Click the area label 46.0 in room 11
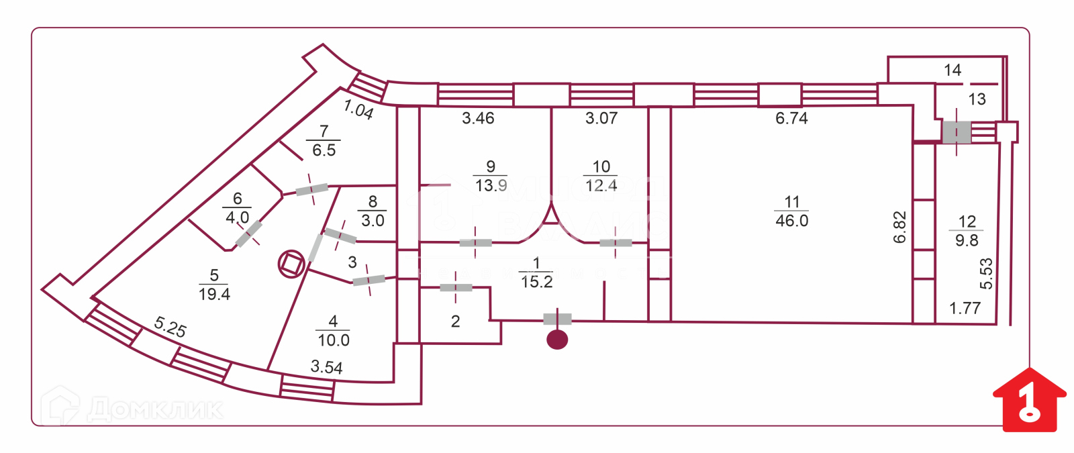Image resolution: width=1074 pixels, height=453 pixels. (791, 221)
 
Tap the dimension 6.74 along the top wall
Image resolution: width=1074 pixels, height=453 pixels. (791, 119)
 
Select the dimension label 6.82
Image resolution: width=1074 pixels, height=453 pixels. (900, 227)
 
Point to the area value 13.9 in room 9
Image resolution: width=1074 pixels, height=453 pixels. (491, 185)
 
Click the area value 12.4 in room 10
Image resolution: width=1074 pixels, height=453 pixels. (601, 185)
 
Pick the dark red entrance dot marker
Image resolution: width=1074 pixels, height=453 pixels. (557, 340)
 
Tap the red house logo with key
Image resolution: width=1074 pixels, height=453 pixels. (1028, 401)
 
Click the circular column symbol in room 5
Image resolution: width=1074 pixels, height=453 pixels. (291, 264)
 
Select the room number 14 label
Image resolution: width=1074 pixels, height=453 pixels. (952, 70)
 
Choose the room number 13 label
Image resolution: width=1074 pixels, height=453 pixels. (977, 99)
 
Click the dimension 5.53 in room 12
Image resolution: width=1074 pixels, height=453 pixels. (985, 274)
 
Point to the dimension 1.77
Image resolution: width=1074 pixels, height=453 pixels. (965, 308)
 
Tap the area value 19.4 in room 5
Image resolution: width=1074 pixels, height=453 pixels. (214, 294)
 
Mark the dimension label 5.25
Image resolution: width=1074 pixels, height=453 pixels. (170, 328)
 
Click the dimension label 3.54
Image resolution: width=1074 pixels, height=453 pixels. (326, 367)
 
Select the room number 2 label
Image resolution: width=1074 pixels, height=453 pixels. (455, 321)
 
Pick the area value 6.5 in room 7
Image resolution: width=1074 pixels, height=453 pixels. (324, 150)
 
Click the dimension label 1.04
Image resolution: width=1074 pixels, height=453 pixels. (358, 109)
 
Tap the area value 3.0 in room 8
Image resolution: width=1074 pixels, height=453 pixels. (373, 221)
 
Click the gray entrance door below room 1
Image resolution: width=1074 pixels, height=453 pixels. (557, 319)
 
